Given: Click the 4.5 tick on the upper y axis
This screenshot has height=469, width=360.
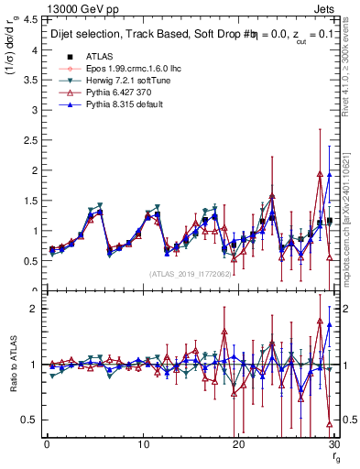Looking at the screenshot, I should (x=30, y=19).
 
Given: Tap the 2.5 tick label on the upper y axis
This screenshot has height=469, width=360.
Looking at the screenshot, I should (x=30, y=140).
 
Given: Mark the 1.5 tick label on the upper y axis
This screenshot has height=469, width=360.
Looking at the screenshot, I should (x=30, y=201).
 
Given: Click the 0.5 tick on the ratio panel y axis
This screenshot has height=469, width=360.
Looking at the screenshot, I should (x=30, y=420).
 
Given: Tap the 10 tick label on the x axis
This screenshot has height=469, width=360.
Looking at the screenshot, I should (x=142, y=444).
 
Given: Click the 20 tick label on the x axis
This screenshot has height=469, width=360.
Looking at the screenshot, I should (x=238, y=444).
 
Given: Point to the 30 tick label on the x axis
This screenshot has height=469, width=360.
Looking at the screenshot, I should (x=333, y=444).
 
